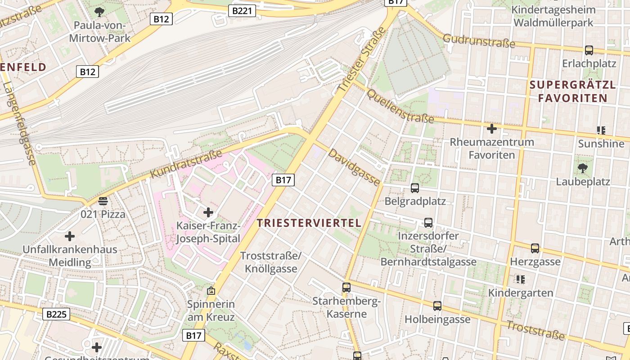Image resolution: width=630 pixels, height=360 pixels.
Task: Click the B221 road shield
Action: pyautogui.click(x=242, y=11)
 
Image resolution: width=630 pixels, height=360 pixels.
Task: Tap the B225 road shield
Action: pyautogui.click(x=57, y=314)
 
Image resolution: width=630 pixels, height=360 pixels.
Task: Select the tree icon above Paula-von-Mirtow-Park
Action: pyautogui.click(x=99, y=12)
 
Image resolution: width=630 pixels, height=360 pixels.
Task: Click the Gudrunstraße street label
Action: pyautogui.click(x=479, y=41)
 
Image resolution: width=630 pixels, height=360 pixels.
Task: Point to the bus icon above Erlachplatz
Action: pyautogui.click(x=589, y=50)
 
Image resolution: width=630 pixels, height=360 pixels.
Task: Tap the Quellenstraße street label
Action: pyautogui.click(x=400, y=107)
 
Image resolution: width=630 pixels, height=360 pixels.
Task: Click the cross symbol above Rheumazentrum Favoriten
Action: pyautogui.click(x=492, y=129)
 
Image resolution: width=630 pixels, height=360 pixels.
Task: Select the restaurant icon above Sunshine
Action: pyautogui.click(x=601, y=130)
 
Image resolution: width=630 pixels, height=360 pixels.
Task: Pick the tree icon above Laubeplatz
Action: pyautogui.click(x=583, y=169)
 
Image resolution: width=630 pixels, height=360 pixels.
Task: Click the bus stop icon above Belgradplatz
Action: pyautogui.click(x=415, y=188)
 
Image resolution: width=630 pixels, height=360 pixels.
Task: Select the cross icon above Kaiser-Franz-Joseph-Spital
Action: pyautogui.click(x=208, y=212)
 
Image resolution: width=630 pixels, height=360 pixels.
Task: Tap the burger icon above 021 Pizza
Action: pyautogui.click(x=103, y=201)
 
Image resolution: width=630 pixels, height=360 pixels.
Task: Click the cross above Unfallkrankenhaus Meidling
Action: pyautogui.click(x=70, y=236)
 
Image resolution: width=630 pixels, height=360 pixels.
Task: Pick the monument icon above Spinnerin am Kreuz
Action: pyautogui.click(x=211, y=291)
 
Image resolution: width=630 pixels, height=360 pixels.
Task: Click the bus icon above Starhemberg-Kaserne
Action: pyautogui.click(x=346, y=287)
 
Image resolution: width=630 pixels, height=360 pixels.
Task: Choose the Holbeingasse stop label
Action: pyautogui.click(x=437, y=319)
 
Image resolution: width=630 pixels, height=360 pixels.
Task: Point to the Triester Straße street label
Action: pyautogui.click(x=362, y=60)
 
